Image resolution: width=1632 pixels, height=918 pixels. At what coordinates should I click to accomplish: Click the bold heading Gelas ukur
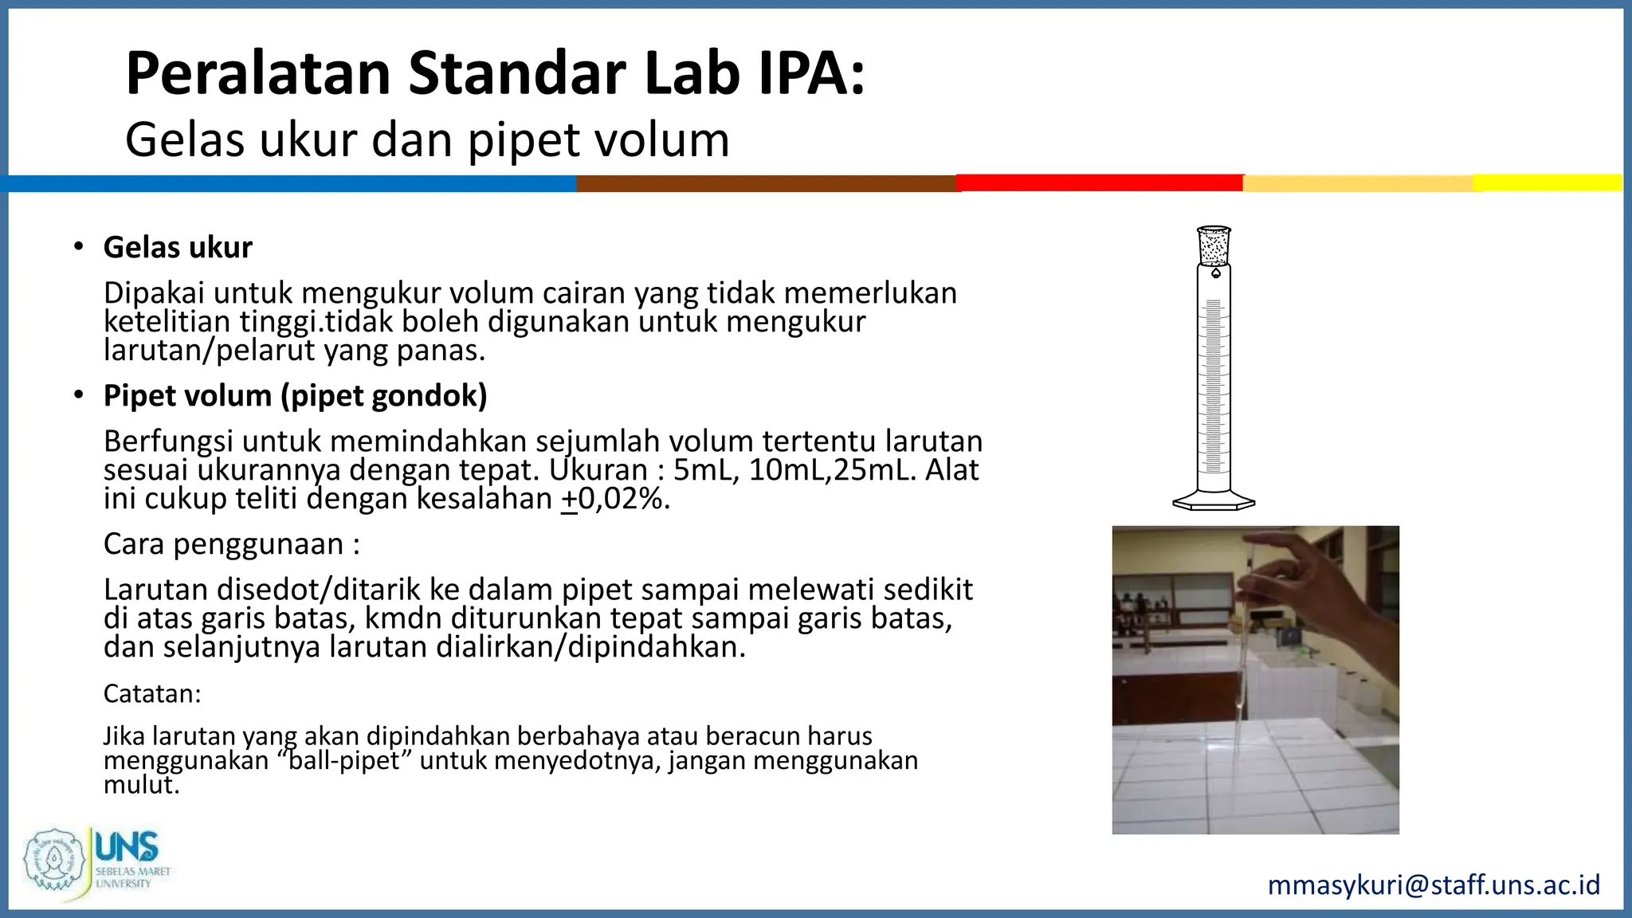pos(178,248)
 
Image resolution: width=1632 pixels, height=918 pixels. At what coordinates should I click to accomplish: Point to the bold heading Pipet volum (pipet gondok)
pos(295,396)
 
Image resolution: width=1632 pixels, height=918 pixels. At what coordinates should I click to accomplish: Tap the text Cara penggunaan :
pos(231,544)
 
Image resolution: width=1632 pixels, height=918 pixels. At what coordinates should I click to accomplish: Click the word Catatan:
pos(152,694)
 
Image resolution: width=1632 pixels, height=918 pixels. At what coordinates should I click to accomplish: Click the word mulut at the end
pos(140,785)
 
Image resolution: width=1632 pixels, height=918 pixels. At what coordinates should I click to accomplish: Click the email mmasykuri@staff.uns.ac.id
pos(1434,885)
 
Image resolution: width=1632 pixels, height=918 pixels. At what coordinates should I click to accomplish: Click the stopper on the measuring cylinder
pos(1214,245)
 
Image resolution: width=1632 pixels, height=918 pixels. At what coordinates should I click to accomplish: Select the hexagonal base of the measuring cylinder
pos(1214,501)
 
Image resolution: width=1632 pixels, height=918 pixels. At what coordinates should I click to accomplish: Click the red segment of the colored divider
pos(1100,183)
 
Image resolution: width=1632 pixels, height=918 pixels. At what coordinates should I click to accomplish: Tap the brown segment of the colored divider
pos(765,183)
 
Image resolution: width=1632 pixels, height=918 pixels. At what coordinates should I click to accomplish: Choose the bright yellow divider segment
pos(1546,182)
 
